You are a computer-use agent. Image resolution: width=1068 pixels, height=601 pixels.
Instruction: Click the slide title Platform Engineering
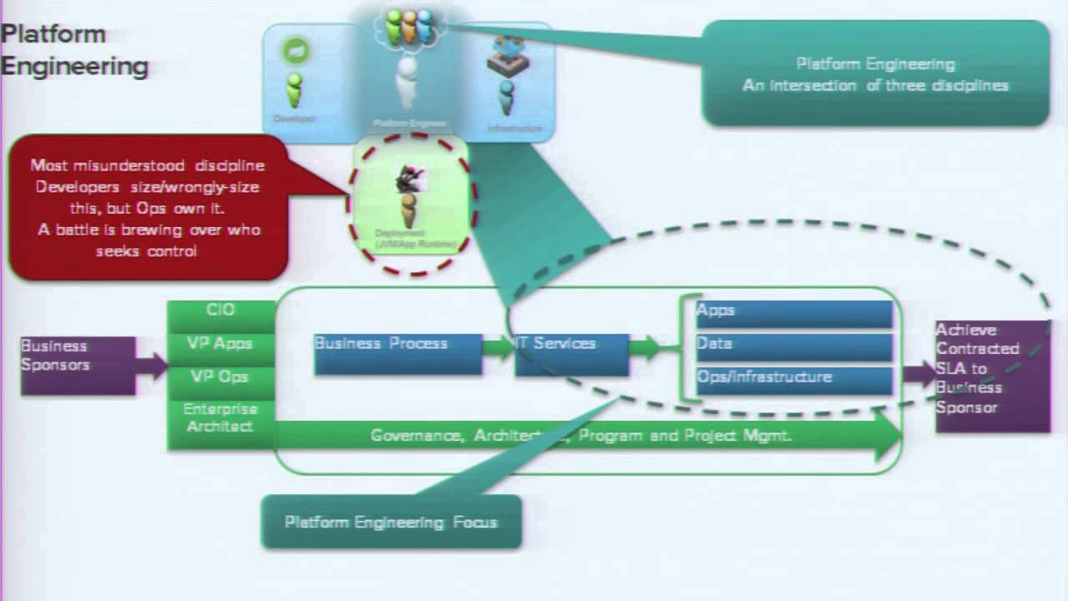click(74, 50)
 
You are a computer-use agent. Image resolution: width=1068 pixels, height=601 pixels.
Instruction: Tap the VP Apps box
click(221, 345)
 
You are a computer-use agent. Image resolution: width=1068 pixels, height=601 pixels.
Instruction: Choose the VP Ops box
click(221, 378)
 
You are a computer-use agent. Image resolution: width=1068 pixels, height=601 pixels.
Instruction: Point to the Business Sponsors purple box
click(77, 365)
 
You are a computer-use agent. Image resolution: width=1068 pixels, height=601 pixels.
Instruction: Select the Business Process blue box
click(397, 354)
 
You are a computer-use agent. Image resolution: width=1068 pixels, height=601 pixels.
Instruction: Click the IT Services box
click(571, 354)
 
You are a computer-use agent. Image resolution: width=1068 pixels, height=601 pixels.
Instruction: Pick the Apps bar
click(793, 313)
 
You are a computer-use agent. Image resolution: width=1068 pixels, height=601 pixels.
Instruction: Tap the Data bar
click(793, 346)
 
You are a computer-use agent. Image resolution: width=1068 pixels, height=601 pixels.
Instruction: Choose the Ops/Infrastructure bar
click(793, 380)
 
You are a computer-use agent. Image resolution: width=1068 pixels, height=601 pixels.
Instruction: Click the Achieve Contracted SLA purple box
click(992, 376)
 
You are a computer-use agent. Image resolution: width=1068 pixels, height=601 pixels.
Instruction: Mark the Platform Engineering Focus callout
click(391, 523)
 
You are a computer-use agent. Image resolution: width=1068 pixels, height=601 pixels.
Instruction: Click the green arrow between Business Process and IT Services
click(498, 348)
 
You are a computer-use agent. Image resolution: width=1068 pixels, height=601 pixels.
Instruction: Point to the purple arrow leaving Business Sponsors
click(151, 365)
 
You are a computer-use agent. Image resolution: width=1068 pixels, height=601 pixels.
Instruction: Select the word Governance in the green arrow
click(418, 436)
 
